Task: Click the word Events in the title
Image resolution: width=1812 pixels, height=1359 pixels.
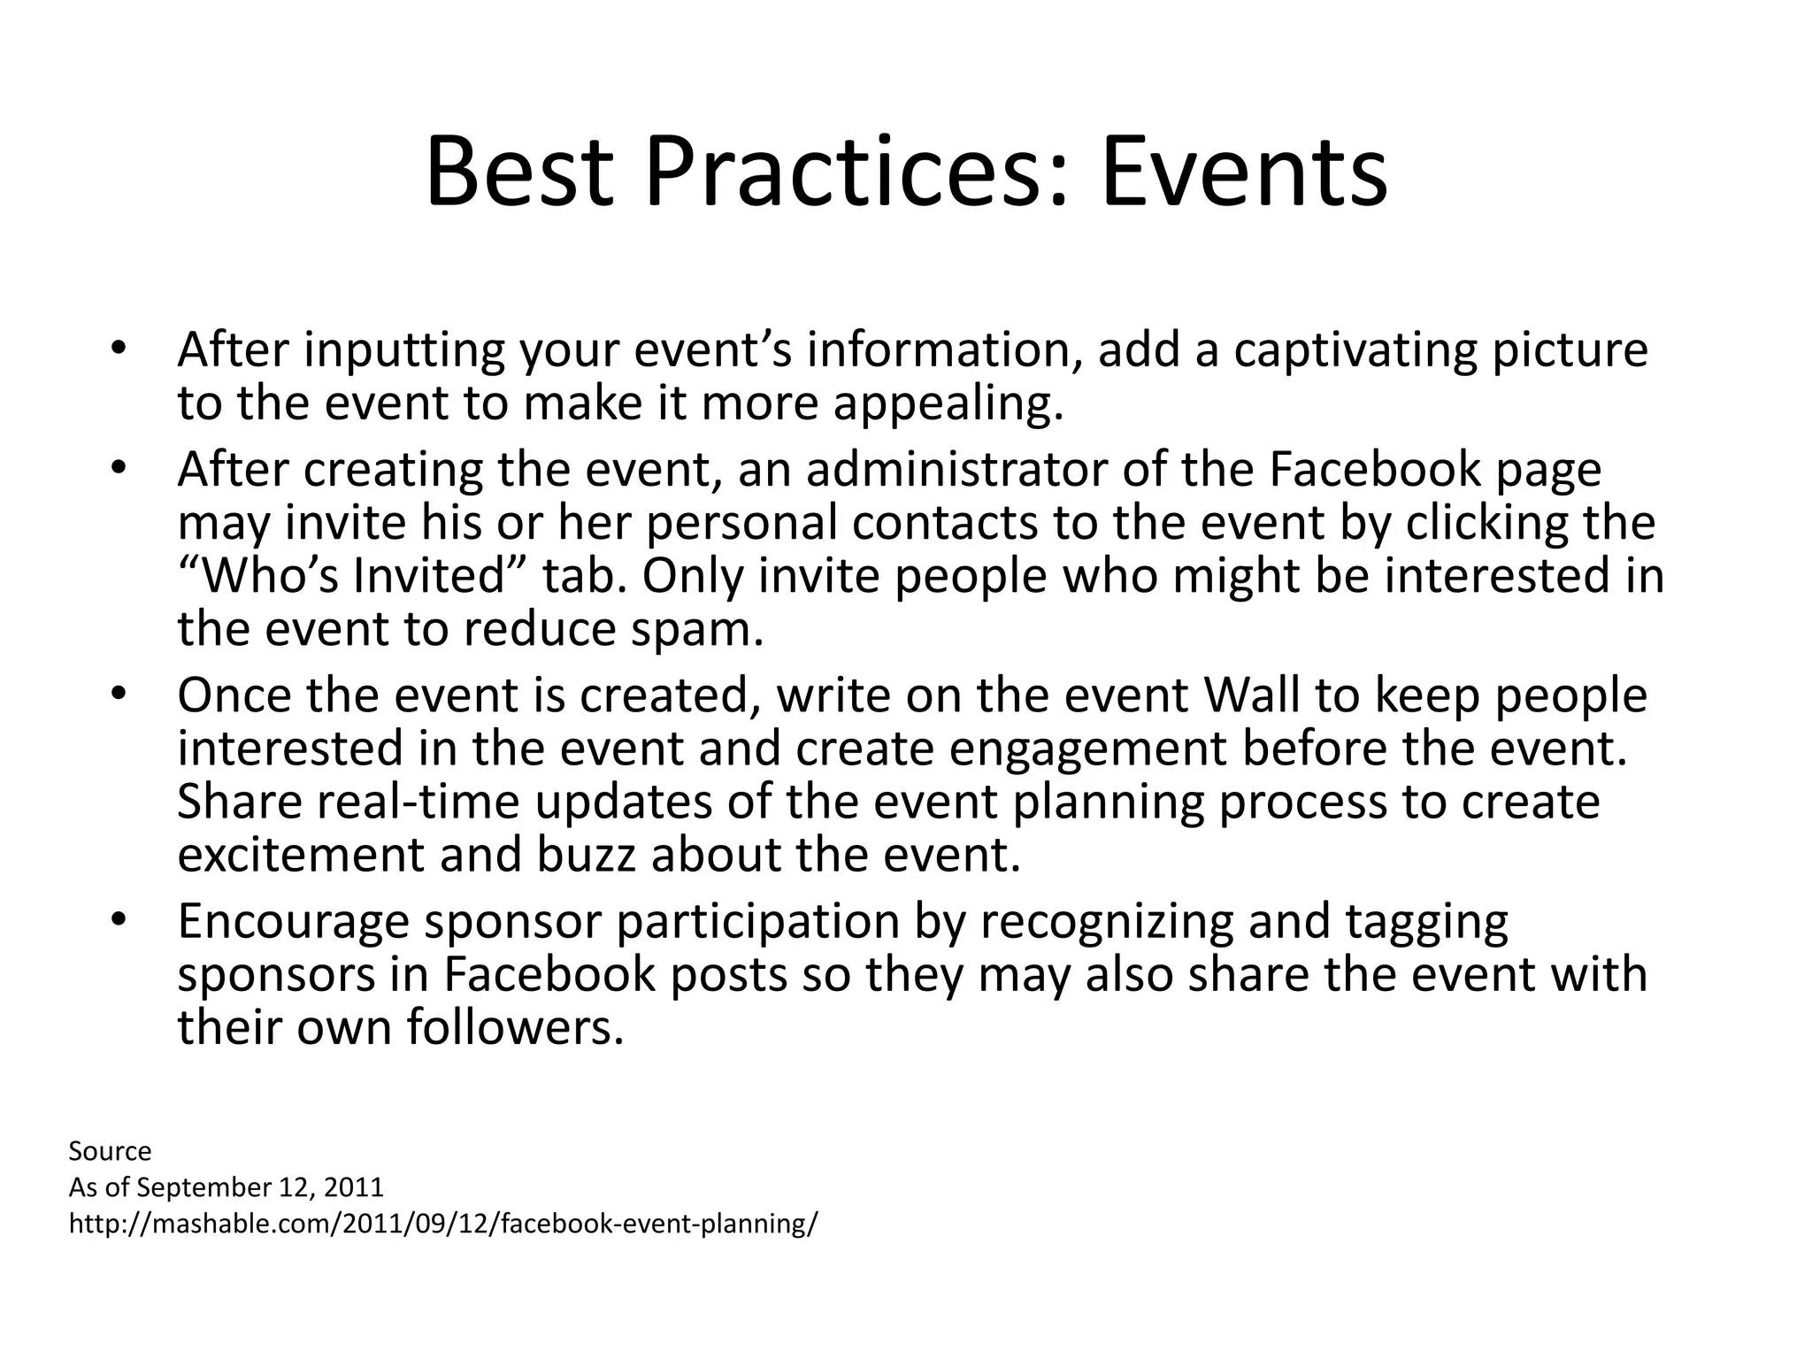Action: pos(1243,173)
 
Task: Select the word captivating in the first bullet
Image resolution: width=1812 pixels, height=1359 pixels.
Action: pos(1355,349)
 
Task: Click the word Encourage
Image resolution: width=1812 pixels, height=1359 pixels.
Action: pos(294,922)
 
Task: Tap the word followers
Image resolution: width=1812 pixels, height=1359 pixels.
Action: pos(515,1028)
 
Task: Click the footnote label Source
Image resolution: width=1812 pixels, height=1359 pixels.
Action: pos(110,1151)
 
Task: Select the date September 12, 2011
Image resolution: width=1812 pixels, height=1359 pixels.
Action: pos(261,1187)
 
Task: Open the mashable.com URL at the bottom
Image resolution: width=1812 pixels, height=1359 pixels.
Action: pos(443,1224)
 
